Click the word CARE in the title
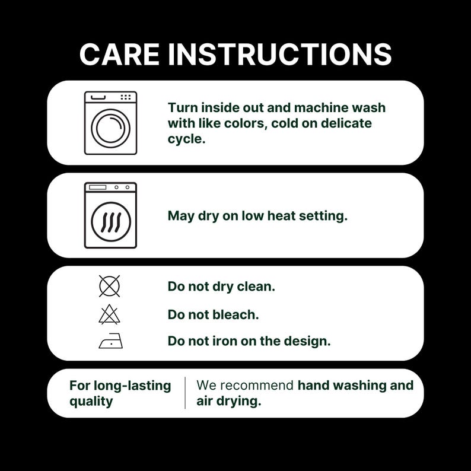(x=119, y=54)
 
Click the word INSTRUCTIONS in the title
(x=279, y=54)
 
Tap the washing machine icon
(x=110, y=123)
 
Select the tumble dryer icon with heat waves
(x=110, y=215)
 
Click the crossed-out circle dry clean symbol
(x=109, y=287)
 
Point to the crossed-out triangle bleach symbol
(x=109, y=314)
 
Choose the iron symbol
(x=111, y=341)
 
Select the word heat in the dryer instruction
(x=281, y=216)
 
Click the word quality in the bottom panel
(x=91, y=402)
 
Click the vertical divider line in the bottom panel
(x=185, y=393)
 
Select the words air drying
(x=229, y=401)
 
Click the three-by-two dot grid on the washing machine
(x=126, y=97)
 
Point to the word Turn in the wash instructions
(x=182, y=107)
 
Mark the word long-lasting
(x=132, y=386)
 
